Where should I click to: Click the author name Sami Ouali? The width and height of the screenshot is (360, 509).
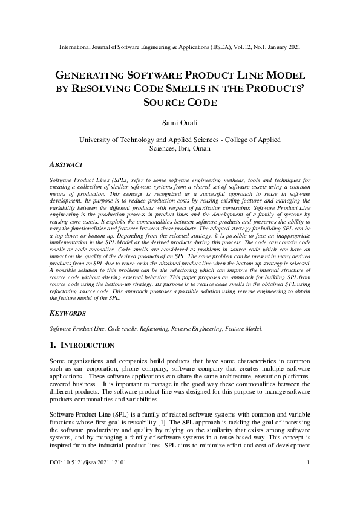click(x=180, y=123)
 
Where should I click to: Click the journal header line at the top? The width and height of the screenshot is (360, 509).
click(x=180, y=47)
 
